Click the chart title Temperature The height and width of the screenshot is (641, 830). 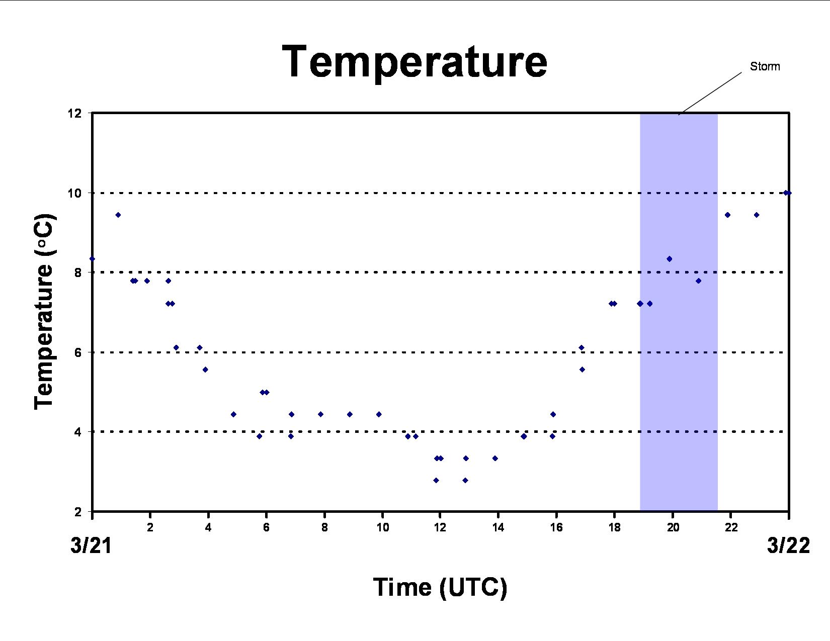point(414,62)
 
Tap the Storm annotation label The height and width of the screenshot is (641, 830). point(765,66)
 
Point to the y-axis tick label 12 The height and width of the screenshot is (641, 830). point(75,113)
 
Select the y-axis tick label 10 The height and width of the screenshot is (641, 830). point(75,193)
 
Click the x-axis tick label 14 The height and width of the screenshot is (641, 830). point(498,527)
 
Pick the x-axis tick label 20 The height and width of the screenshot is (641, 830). point(673,527)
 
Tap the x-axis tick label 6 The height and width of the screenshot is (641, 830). point(266,527)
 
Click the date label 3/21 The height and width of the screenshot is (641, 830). point(91,545)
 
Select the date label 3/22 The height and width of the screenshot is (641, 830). point(788,545)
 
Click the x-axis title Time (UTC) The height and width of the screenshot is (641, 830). point(440,588)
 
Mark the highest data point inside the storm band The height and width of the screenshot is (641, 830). point(669,259)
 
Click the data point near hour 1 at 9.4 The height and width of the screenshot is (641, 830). point(118,215)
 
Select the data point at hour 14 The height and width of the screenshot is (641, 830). point(495,458)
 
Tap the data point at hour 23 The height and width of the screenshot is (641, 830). point(756,215)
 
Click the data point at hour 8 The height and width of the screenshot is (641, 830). point(320,414)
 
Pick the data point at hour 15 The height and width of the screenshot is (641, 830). point(524,436)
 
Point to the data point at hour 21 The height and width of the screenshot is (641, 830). point(698,281)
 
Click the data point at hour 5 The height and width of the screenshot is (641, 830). point(233,414)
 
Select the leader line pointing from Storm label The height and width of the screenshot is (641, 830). point(710,94)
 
